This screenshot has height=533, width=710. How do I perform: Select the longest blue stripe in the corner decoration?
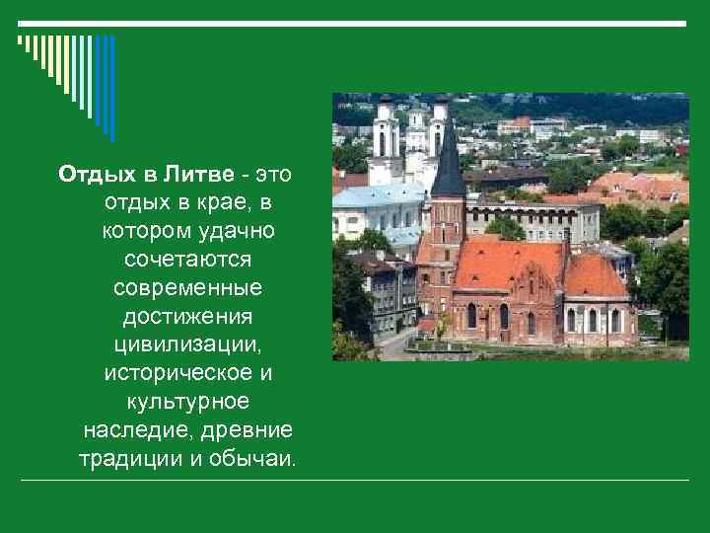point(111,89)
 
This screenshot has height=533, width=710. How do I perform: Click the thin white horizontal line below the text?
point(355,481)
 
